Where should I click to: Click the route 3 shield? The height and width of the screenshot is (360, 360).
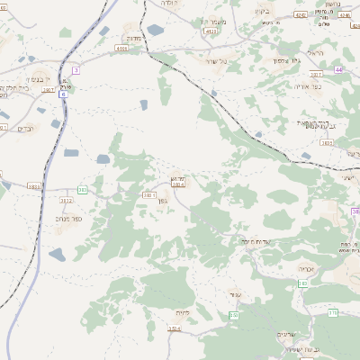click(76, 69)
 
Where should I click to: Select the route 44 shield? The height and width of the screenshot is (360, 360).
click(339, 68)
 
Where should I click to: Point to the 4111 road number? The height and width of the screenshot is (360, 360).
click(211, 31)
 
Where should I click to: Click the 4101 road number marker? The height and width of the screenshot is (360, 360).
click(121, 49)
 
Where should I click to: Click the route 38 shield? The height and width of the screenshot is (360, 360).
click(355, 212)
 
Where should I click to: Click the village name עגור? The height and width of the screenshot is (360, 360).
click(236, 295)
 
